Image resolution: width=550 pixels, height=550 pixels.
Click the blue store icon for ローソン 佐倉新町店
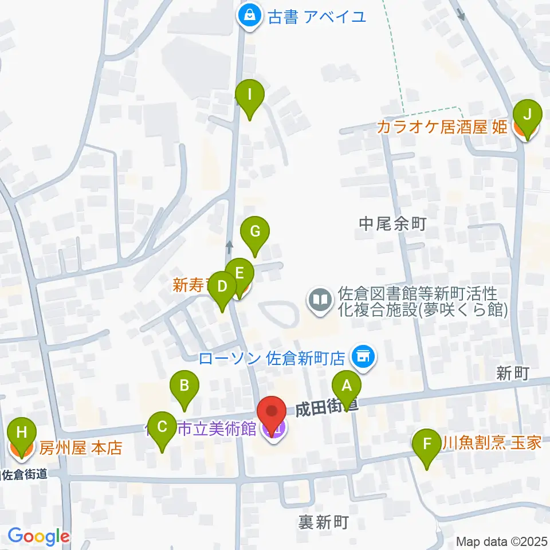coord(362,358)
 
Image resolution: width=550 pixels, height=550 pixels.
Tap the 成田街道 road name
coord(327,408)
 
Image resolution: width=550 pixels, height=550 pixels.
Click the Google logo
coord(38,536)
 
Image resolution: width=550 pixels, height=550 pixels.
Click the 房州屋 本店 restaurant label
coord(81,447)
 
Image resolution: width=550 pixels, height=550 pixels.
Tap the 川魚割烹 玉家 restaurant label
coord(494,442)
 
